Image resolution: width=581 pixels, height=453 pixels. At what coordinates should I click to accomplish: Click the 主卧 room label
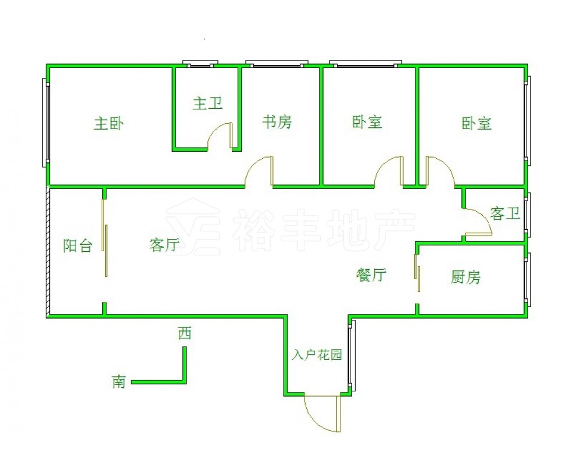tap(109, 124)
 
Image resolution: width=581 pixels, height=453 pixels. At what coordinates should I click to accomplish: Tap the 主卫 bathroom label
tap(207, 104)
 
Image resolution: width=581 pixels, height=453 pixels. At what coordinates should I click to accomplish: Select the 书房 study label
tap(277, 122)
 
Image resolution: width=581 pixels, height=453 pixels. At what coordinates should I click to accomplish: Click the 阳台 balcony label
tap(78, 245)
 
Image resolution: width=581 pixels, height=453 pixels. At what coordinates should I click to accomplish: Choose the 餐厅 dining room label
tap(371, 275)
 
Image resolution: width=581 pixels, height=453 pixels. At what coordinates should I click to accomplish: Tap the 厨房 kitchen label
tap(466, 277)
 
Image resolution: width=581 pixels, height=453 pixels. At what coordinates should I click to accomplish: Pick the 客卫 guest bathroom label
tap(504, 213)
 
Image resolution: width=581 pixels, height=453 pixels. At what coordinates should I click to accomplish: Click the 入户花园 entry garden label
tap(317, 355)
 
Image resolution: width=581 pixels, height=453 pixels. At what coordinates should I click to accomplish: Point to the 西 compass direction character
tap(185, 333)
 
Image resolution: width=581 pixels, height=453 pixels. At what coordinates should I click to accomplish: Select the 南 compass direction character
tap(119, 382)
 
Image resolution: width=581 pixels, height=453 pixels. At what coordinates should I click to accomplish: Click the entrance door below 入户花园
tap(323, 414)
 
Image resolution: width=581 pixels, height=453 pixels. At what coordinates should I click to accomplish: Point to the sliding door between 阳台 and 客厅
tap(105, 238)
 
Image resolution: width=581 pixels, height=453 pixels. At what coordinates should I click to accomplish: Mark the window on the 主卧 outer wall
tap(45, 122)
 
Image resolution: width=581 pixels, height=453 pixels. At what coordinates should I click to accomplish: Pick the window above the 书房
tap(276, 63)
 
